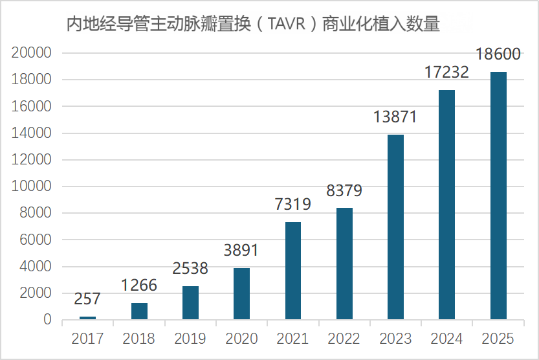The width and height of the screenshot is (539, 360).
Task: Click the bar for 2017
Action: tap(87, 317)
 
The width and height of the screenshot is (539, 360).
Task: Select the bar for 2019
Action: tap(190, 302)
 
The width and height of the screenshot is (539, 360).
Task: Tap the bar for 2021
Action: tap(293, 271)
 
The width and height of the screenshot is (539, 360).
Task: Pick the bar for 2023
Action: tap(395, 227)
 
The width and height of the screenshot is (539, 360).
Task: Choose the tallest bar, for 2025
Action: tap(498, 196)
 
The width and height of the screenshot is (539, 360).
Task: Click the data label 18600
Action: tap(498, 54)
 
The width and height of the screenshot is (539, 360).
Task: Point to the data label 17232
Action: tap(446, 73)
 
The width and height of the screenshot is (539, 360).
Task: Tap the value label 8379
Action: tap(344, 191)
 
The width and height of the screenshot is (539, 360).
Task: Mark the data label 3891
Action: tap(241, 251)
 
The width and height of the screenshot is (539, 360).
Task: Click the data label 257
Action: tap(87, 299)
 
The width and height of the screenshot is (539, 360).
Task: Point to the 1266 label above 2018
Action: tap(139, 286)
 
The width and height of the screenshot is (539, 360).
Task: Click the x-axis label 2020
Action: tap(241, 339)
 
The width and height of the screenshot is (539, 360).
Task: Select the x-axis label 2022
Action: tap(344, 339)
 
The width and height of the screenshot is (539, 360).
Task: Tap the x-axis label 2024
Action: tap(446, 339)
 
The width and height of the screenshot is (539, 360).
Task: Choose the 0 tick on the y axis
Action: tap(47, 320)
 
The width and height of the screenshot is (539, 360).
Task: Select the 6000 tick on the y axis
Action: tap(34, 240)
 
